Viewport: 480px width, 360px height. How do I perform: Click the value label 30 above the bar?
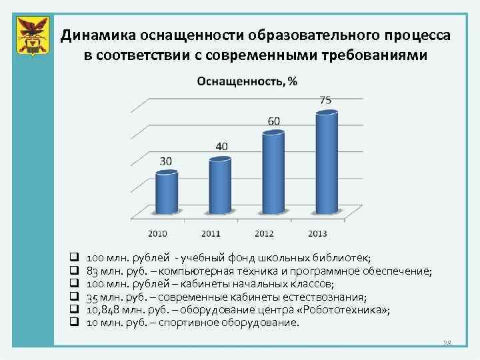pyautogui.click(x=165, y=161)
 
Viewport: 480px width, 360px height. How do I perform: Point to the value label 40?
pyautogui.click(x=221, y=146)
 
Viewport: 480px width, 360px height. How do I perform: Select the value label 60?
pyautogui.click(x=274, y=121)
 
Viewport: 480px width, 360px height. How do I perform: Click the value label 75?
pyautogui.click(x=326, y=100)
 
